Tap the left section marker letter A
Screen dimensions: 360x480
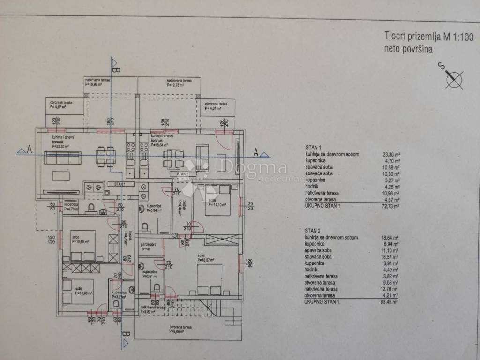[x=29, y=150]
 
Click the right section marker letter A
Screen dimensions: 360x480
[x=256, y=151]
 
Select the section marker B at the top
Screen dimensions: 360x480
[x=117, y=70]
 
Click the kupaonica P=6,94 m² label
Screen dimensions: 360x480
[x=154, y=208]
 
